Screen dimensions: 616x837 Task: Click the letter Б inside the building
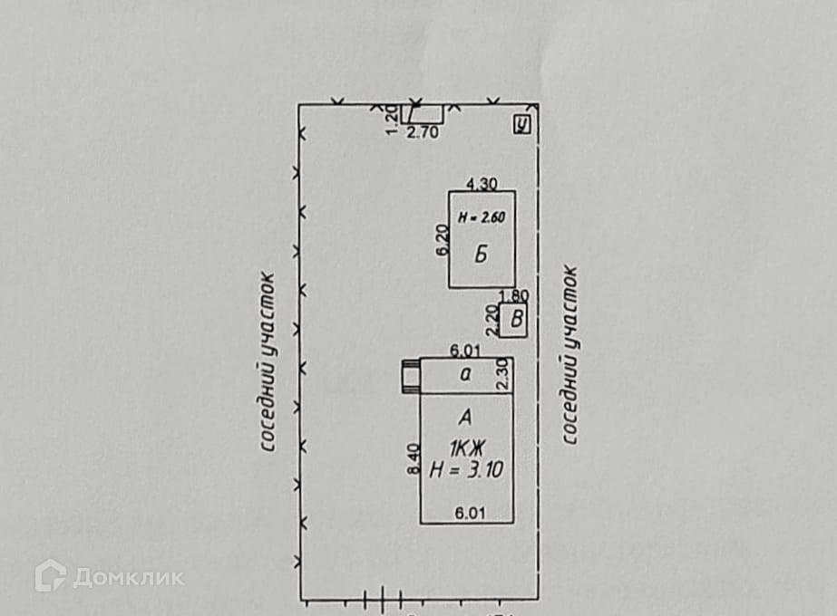click(x=481, y=255)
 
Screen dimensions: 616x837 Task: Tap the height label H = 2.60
click(x=481, y=217)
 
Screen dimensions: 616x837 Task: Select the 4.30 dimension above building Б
click(x=481, y=183)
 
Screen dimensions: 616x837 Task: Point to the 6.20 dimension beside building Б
click(x=442, y=239)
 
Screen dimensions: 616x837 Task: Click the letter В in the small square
click(x=515, y=319)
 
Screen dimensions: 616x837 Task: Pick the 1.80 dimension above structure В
click(x=514, y=295)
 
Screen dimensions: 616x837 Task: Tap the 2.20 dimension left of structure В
click(x=492, y=319)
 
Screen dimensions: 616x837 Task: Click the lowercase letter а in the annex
click(x=465, y=372)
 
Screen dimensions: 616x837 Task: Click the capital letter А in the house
click(x=466, y=418)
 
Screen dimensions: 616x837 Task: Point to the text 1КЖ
click(x=466, y=448)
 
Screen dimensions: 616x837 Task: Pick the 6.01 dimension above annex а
click(x=465, y=351)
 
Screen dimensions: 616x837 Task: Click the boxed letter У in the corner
click(x=521, y=125)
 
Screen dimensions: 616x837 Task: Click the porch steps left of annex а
click(x=411, y=374)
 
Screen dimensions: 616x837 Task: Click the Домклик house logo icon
click(x=50, y=576)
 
